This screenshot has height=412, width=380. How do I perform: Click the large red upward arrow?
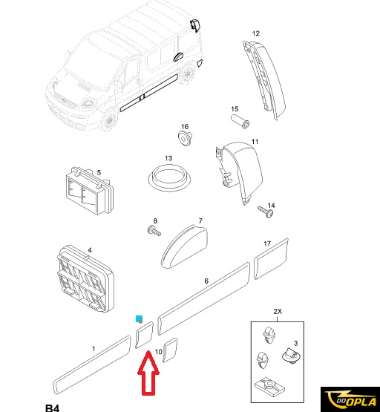pos(148,373)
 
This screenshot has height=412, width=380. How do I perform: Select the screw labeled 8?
pos(154,231)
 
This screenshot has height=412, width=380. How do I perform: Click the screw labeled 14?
pos(266,212)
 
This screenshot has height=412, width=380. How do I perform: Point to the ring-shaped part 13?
pos(169,177)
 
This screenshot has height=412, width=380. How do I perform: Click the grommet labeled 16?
pos(185,138)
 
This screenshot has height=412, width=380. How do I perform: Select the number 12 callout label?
pos(256,33)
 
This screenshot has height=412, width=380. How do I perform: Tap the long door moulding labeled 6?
pos(204,298)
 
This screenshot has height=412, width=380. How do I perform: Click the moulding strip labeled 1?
pos(92,365)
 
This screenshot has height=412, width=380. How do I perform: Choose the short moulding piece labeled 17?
pos(271,259)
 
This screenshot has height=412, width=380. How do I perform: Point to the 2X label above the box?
pos(278,311)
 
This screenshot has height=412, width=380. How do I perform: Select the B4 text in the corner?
pos(53,408)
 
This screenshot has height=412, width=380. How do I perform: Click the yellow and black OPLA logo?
pos(350,399)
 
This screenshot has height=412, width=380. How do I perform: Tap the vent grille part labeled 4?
pos(85,279)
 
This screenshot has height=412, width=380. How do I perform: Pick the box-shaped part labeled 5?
pos(89,190)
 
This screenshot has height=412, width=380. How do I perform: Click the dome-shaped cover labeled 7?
pos(184,246)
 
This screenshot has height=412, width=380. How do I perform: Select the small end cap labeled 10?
pos(170,350)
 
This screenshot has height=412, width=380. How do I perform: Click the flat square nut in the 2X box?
pos(269,387)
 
